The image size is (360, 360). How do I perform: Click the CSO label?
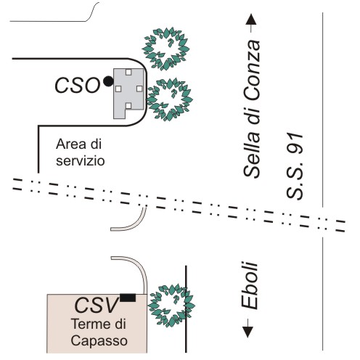78,85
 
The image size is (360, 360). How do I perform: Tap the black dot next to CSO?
108,81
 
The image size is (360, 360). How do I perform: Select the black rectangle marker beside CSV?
128,298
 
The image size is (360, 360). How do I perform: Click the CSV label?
97,305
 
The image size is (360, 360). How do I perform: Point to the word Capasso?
99,340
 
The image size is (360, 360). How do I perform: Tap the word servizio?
81,160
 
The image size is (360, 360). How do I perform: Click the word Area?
71,144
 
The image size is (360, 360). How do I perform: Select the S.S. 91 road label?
295,166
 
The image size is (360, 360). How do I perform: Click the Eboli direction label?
250,285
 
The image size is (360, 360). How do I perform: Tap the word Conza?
252,70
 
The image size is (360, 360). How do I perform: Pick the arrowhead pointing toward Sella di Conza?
251,20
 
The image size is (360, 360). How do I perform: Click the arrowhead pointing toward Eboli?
247,332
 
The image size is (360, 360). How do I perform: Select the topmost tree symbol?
166,49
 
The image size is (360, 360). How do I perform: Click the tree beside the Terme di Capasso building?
171,306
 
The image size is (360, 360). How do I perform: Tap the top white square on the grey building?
128,72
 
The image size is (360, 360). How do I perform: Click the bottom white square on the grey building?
128,106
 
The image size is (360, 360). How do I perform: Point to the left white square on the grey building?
118,89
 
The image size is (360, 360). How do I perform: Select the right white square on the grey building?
139,89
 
